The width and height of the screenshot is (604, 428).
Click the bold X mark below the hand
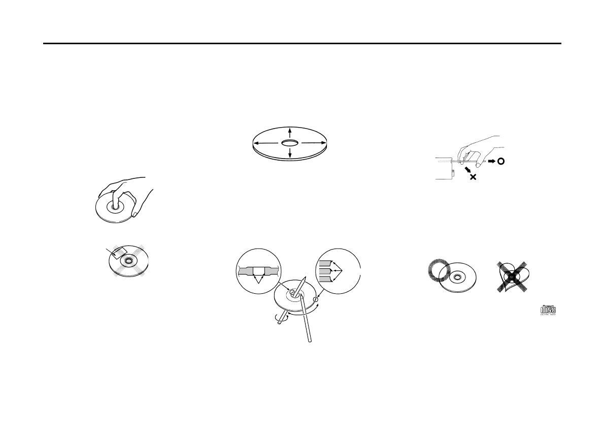tap(473, 177)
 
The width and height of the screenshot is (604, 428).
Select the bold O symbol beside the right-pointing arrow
tap(500, 161)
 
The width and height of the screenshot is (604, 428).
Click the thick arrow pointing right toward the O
tap(491, 161)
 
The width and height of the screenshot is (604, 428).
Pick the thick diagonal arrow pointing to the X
tap(466, 170)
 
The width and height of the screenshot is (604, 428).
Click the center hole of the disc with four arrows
tap(289, 143)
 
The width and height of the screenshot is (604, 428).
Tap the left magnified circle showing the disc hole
tap(259, 270)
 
